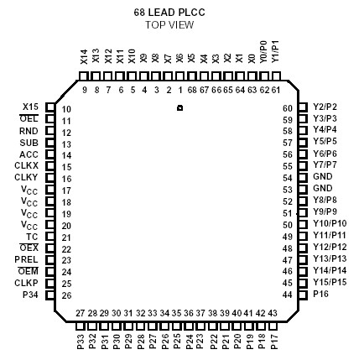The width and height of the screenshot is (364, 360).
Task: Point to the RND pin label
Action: coord(29,131)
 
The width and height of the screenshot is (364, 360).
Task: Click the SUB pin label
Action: coord(29,143)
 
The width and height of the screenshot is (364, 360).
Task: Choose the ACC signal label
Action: coord(29,154)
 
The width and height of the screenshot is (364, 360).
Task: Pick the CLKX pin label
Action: coord(28,166)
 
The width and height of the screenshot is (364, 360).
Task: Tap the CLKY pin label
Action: coord(28,178)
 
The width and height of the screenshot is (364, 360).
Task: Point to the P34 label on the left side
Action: coord(30,295)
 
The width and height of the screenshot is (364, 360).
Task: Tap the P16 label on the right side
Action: coord(321,295)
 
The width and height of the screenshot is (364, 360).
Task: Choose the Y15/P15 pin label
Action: coord(329,283)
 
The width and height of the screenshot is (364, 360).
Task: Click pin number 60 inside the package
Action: coord(287,108)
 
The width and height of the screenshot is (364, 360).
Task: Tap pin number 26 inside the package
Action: coord(68,295)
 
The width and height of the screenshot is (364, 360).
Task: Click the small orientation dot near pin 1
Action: coord(179,109)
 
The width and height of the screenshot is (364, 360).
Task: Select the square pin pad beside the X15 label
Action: coord(50,107)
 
